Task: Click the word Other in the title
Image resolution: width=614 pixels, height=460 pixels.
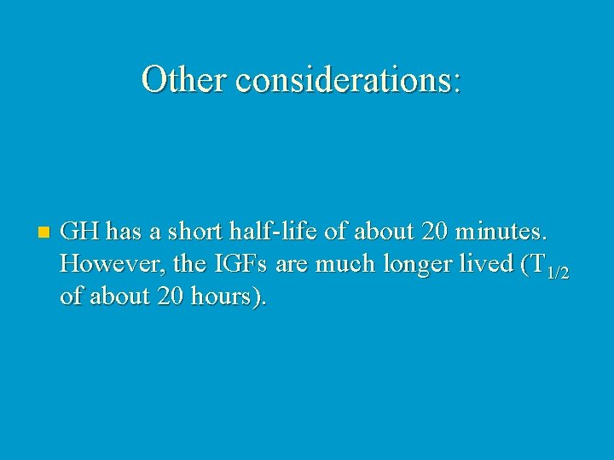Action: tap(184, 80)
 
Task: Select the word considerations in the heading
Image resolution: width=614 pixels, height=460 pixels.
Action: tap(342, 80)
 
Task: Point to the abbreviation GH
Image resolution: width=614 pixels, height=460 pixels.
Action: tap(80, 231)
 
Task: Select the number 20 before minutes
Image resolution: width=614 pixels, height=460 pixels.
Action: tap(432, 231)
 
